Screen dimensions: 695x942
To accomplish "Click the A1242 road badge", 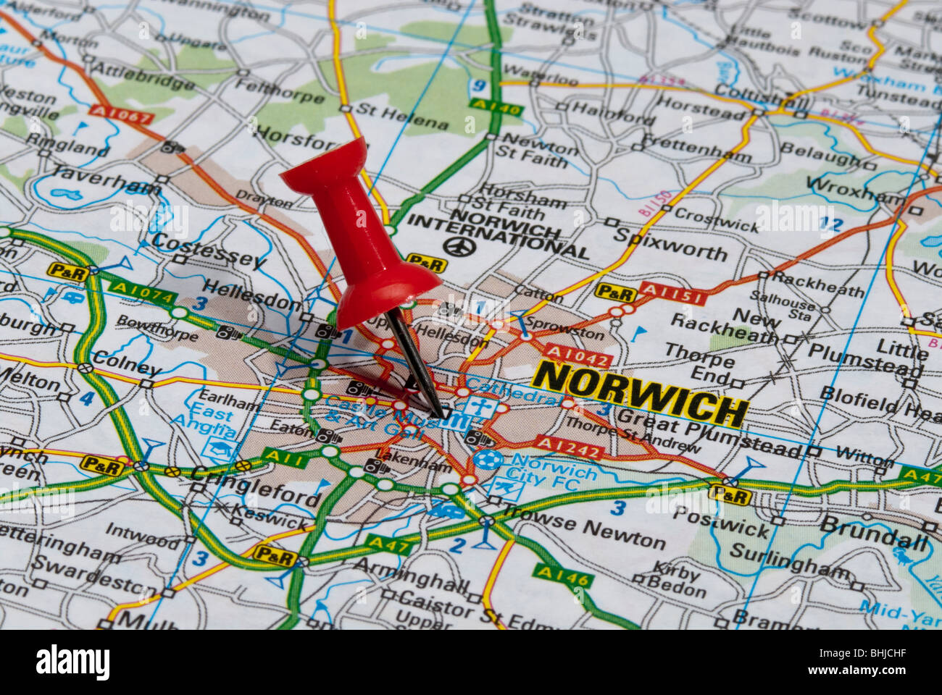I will click(570, 447).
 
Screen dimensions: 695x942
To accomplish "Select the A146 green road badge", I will click(563, 576).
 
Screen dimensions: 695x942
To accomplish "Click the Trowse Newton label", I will click(584, 535).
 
